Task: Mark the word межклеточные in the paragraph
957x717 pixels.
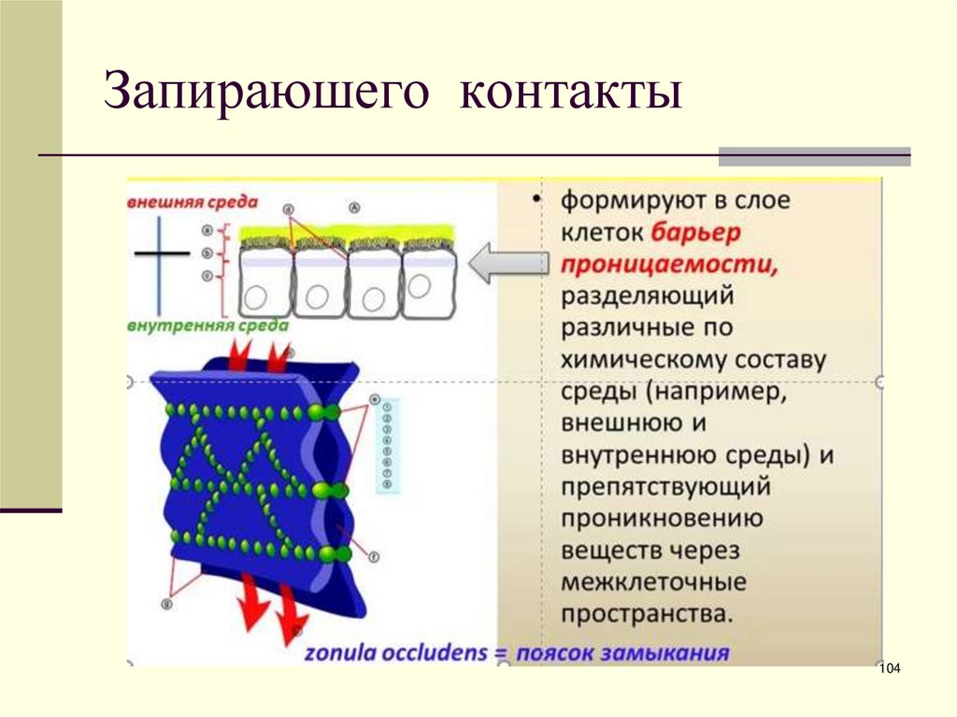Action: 653,581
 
